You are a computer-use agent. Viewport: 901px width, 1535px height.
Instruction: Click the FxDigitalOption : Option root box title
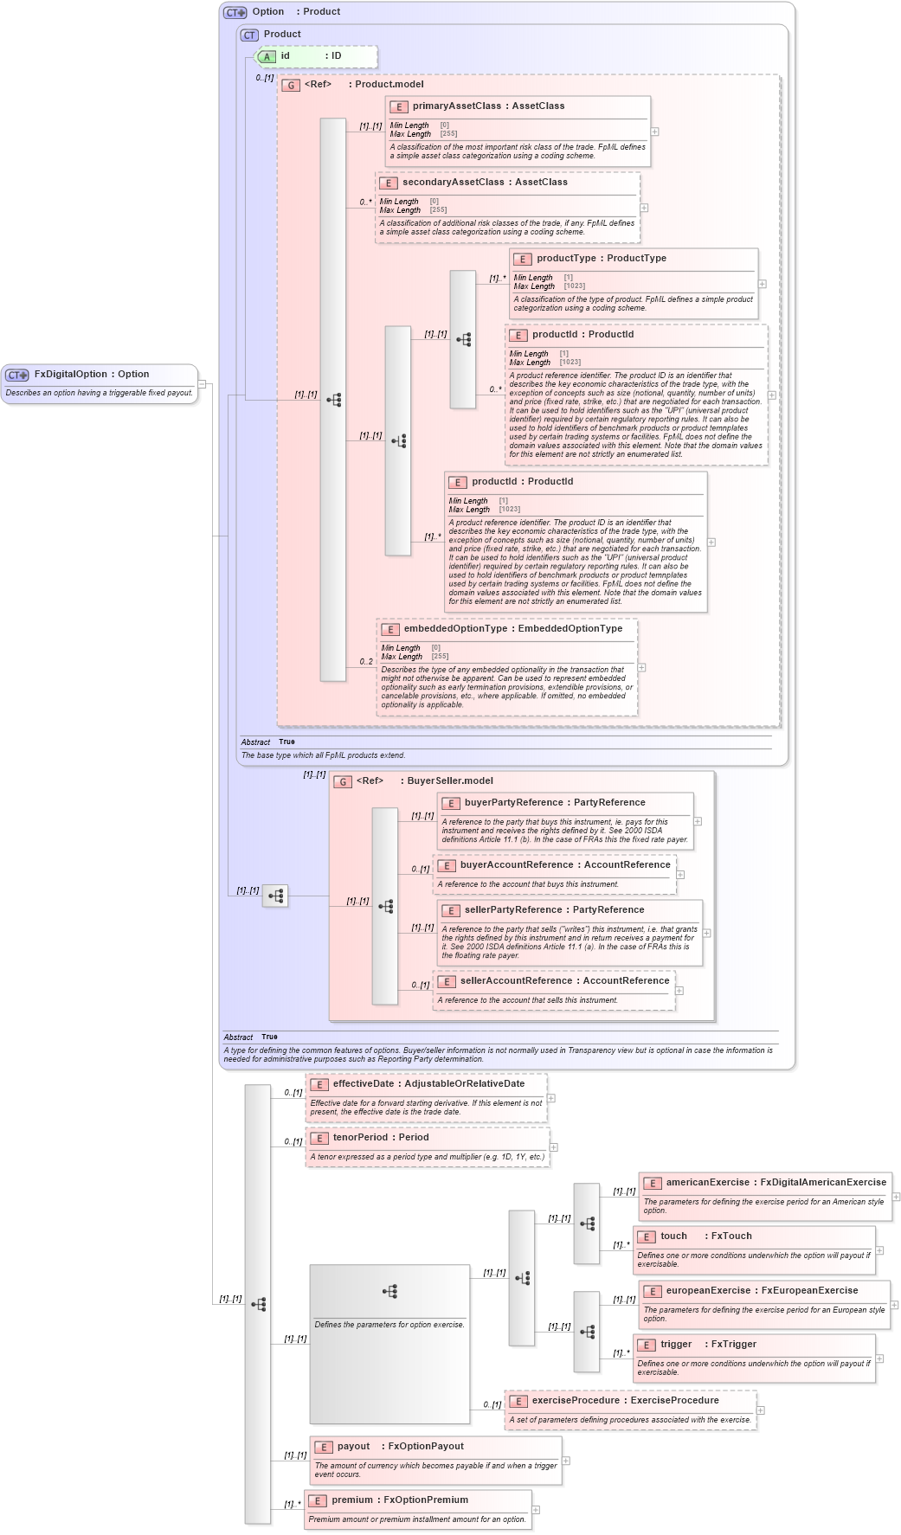tap(91, 375)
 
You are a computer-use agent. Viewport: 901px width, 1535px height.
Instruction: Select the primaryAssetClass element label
tap(488, 106)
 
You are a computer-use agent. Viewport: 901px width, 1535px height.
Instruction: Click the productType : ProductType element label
tap(601, 259)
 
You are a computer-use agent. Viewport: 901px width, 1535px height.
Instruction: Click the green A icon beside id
tap(267, 57)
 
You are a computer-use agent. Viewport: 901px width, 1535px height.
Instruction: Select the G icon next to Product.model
tap(292, 86)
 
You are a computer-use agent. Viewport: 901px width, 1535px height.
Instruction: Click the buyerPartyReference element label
tap(554, 803)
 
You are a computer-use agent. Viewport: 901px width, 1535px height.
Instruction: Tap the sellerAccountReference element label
tap(564, 981)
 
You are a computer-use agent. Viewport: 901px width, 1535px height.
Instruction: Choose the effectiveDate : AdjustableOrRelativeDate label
tap(428, 1084)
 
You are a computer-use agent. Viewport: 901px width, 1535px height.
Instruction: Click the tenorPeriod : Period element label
tap(381, 1138)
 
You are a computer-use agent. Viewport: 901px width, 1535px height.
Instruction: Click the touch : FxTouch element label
tap(705, 1236)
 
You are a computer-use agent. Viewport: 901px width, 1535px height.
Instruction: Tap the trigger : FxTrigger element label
tap(708, 1345)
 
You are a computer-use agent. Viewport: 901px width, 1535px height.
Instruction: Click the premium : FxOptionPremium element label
tap(399, 1500)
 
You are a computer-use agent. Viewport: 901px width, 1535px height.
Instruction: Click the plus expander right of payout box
tap(566, 1461)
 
